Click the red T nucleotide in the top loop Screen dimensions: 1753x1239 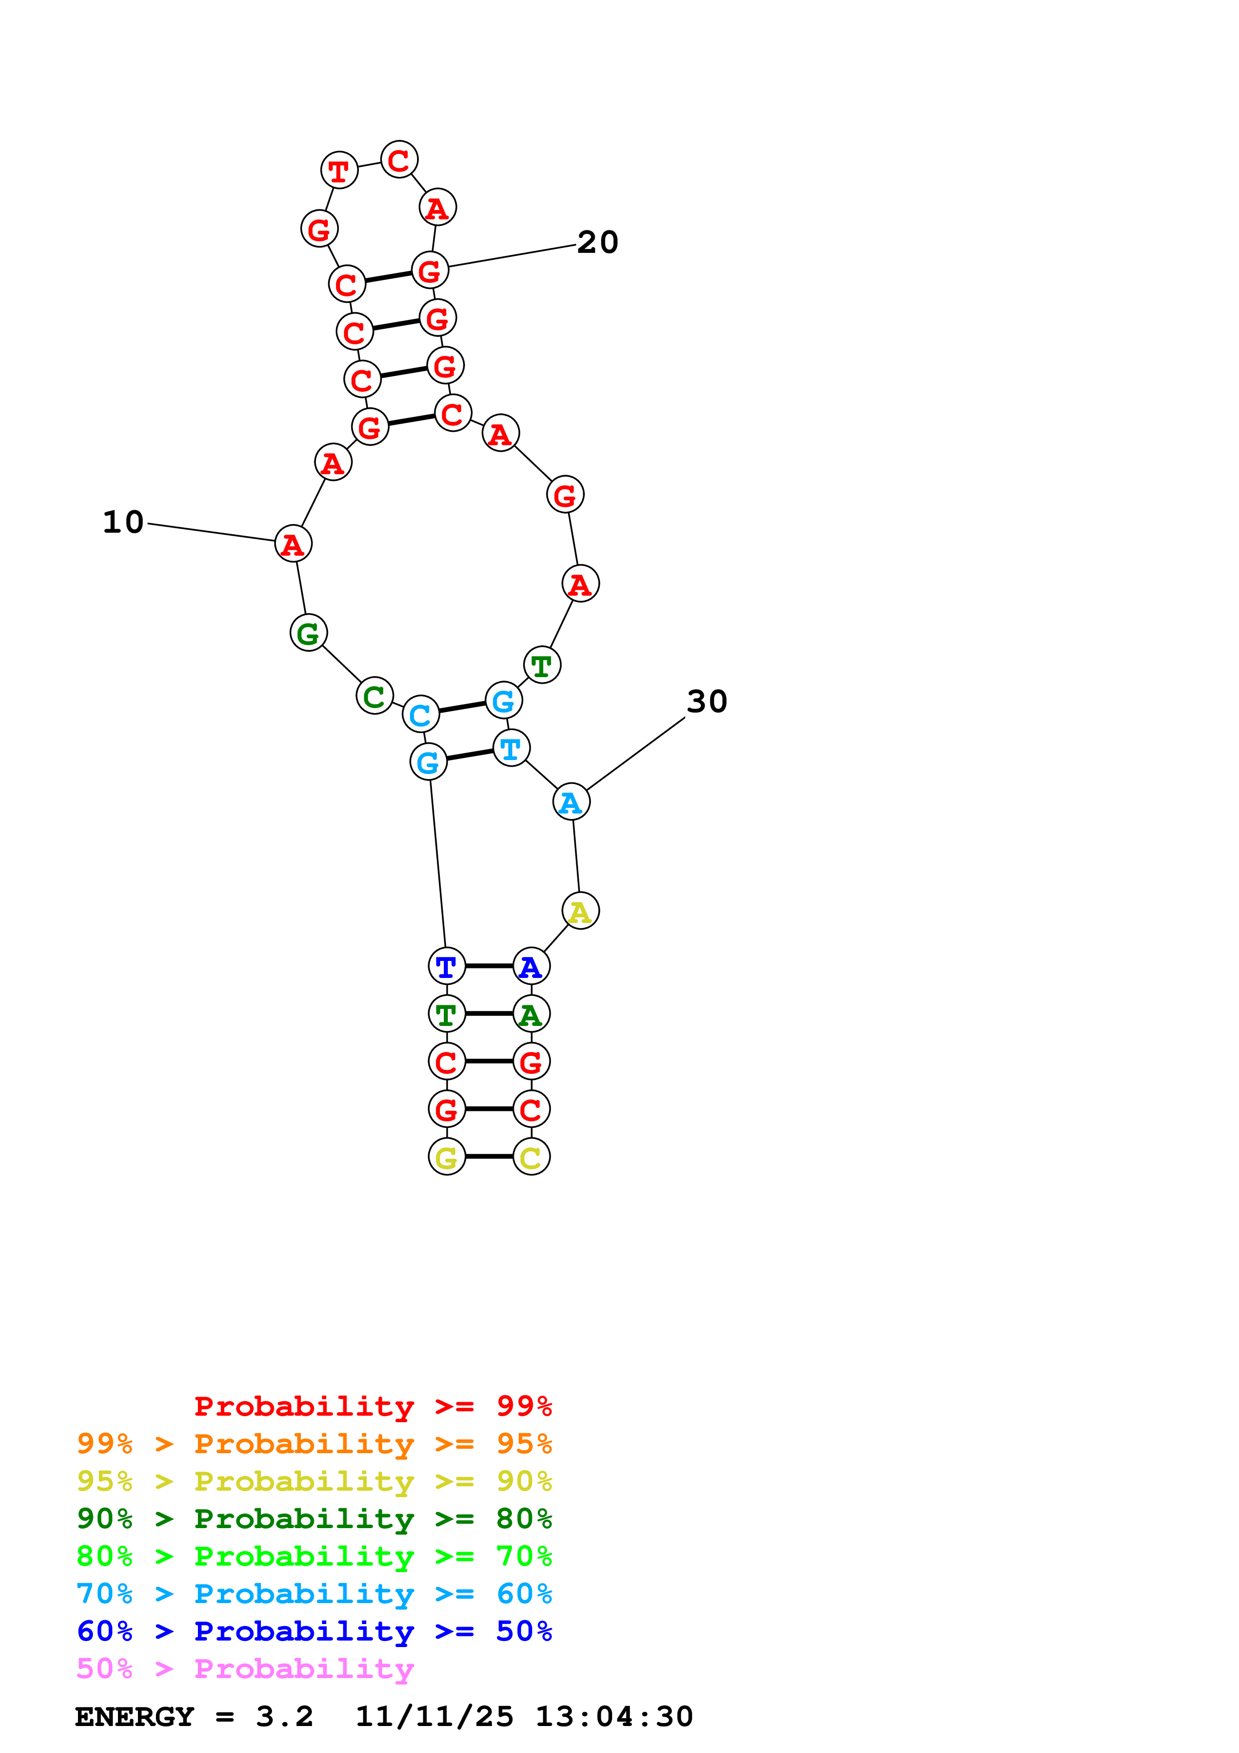[x=339, y=170]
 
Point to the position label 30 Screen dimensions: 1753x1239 [x=706, y=701]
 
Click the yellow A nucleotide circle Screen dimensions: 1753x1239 [x=580, y=911]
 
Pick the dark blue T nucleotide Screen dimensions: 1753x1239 [x=447, y=966]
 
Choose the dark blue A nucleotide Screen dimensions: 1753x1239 [x=531, y=966]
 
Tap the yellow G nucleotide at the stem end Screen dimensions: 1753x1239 [x=447, y=1157]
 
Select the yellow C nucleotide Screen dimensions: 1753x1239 [x=531, y=1157]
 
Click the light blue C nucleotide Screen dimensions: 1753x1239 [x=420, y=715]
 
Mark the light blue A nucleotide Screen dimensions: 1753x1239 [x=571, y=802]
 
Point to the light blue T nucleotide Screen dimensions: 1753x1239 [x=511, y=748]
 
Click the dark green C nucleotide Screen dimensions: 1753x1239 [x=374, y=696]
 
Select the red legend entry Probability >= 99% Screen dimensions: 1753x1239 [x=372, y=1406]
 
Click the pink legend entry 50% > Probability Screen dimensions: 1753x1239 [x=245, y=1669]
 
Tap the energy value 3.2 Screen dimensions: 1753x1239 [x=284, y=1717]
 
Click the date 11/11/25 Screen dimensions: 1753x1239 [x=434, y=1717]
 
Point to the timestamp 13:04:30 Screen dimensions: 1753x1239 [x=614, y=1717]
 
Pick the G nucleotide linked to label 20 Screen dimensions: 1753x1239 [x=430, y=270]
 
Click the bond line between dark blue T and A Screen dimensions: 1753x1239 [x=489, y=966]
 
